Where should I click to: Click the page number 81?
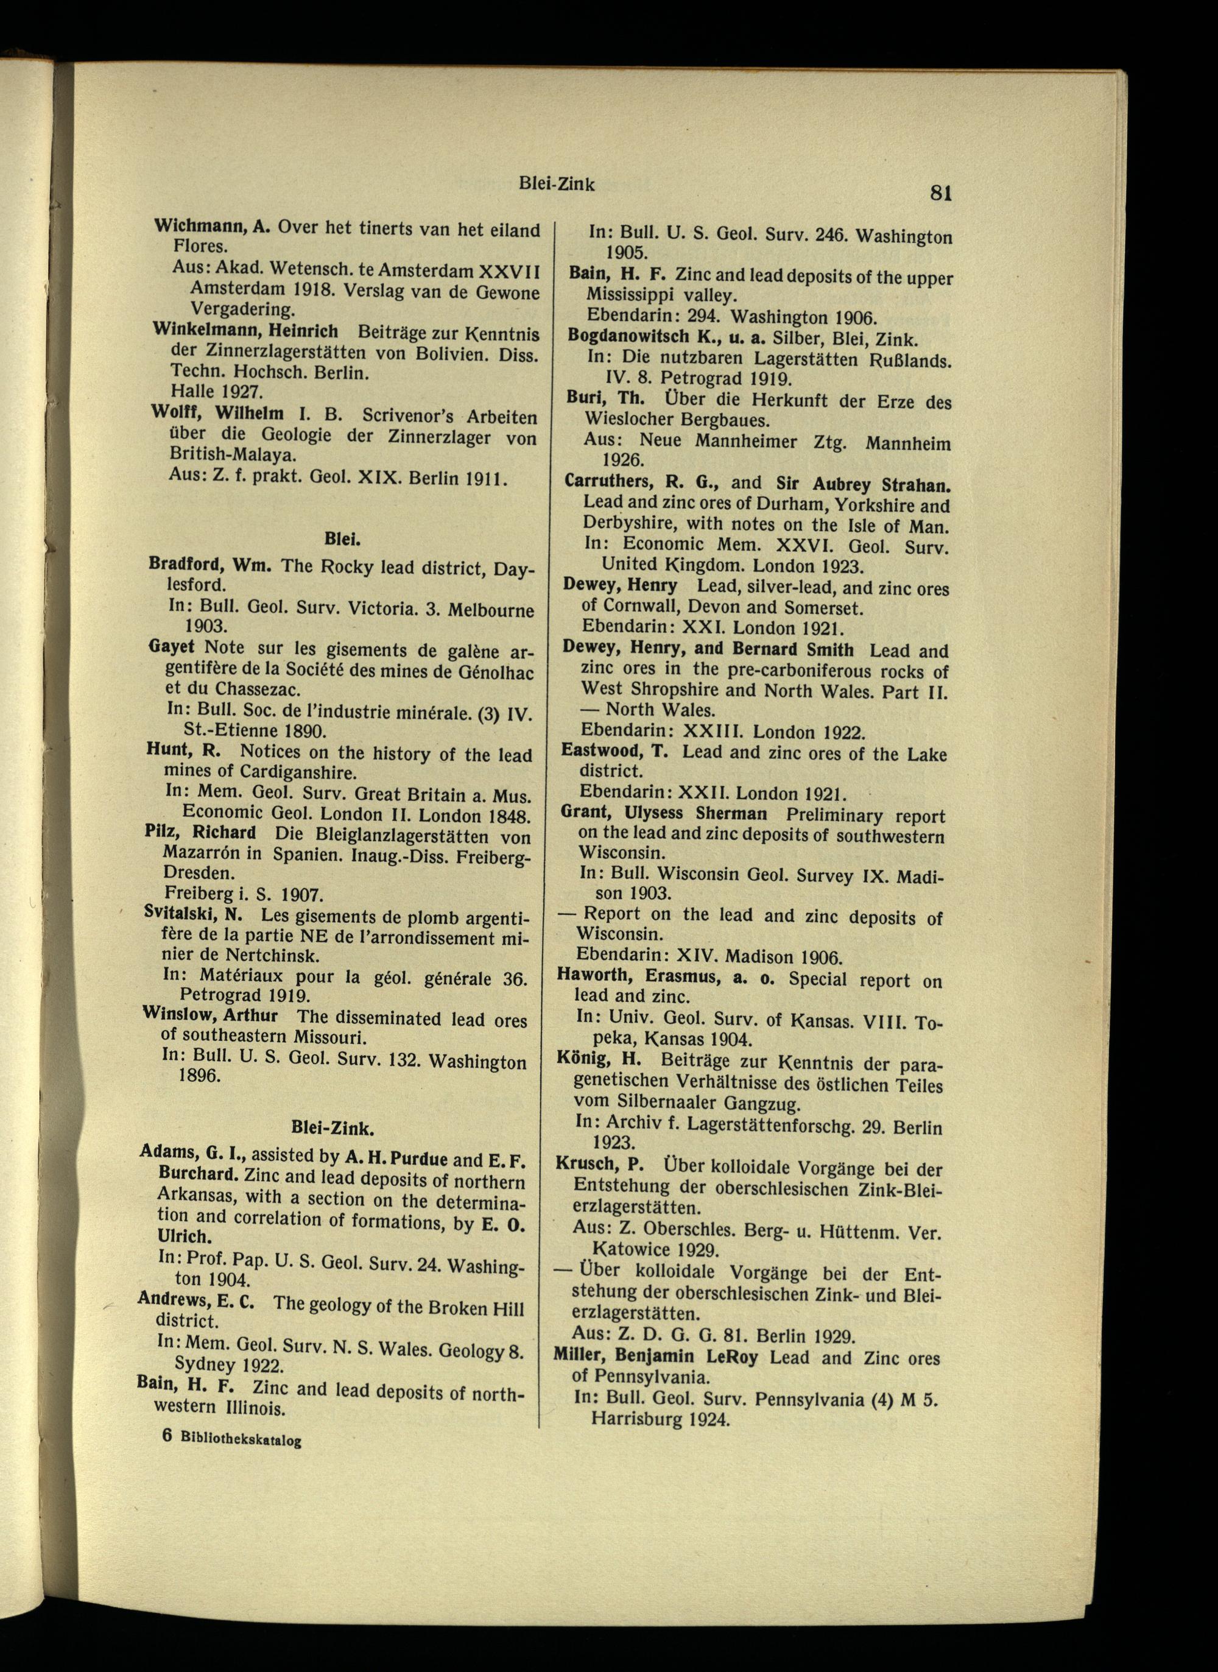tap(941, 192)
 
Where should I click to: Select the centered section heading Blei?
tap(343, 540)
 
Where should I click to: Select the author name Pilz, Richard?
tap(200, 834)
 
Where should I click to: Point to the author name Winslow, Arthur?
tap(210, 1016)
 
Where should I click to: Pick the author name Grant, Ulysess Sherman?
tap(664, 814)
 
